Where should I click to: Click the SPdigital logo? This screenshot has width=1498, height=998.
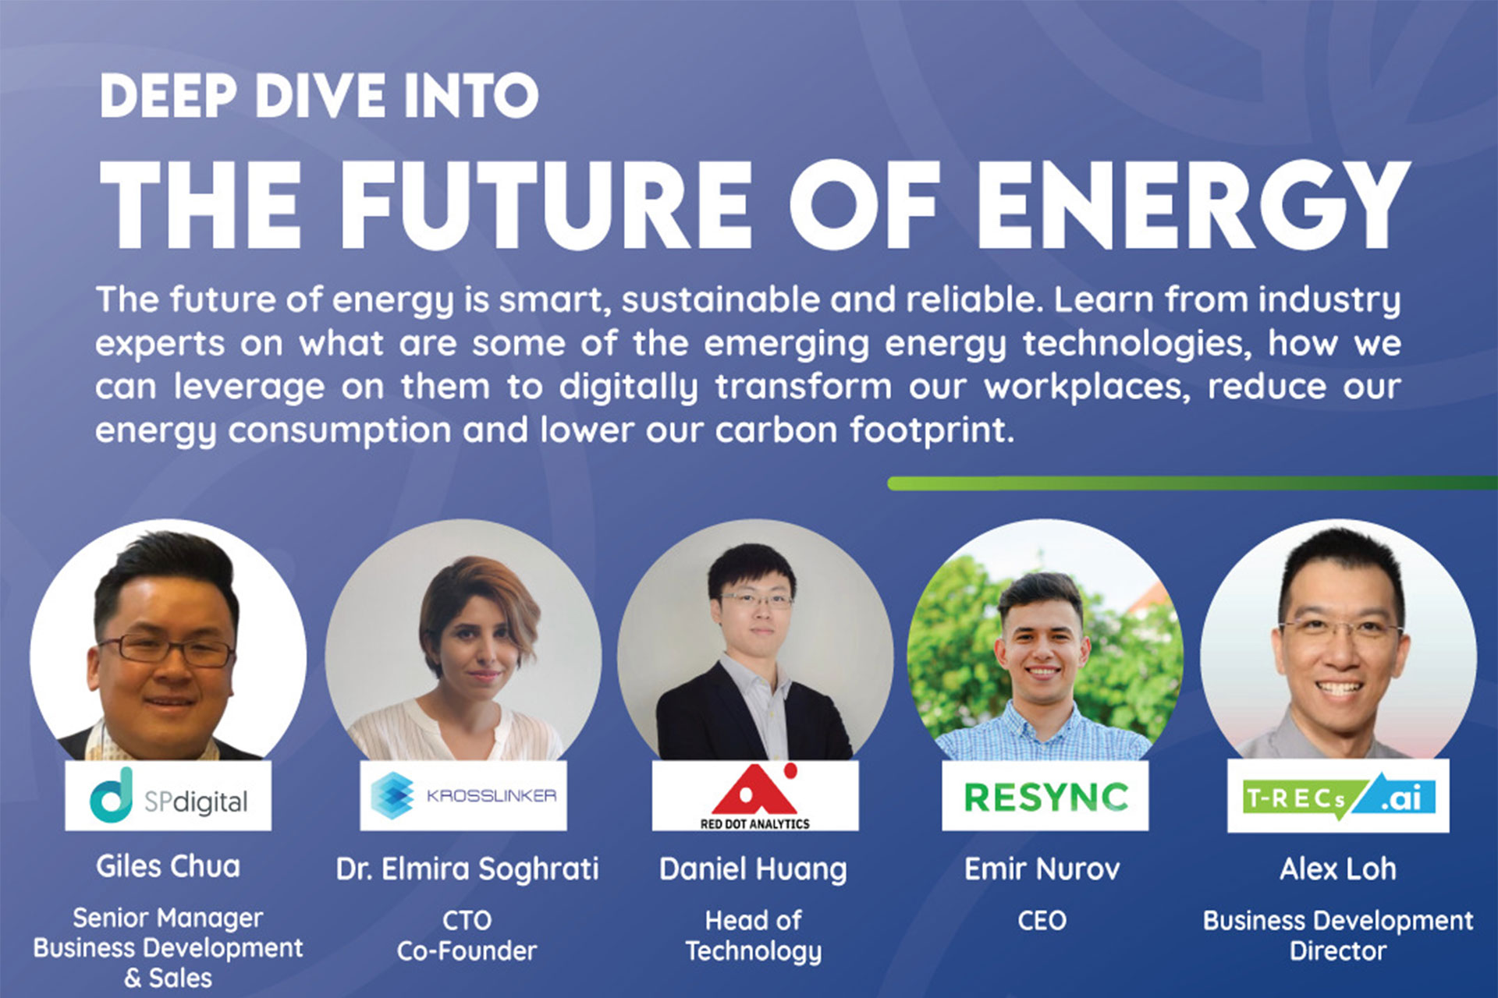pos(169,796)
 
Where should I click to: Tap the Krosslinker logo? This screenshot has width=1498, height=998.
pos(463,796)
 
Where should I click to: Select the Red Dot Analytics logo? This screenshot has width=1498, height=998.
pos(754,796)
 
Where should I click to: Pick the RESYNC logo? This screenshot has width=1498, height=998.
pos(1045,796)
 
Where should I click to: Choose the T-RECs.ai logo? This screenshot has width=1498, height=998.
pos(1338,796)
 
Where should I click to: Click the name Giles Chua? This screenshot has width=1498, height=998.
pos(168,866)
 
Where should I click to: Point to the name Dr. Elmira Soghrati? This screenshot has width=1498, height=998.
pos(467,869)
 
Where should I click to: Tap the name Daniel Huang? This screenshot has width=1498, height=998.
pos(753,869)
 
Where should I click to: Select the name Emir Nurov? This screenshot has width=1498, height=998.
pos(1042,869)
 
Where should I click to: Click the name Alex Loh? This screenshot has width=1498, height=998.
pos(1338,869)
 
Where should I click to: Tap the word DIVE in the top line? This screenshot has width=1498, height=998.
pos(321,96)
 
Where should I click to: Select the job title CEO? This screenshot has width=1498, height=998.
pos(1042,921)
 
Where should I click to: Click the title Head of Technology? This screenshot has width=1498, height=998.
pos(753,936)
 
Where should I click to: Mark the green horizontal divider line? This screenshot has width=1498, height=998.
pos(1192,483)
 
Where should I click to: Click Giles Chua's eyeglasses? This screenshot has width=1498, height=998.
pos(165,649)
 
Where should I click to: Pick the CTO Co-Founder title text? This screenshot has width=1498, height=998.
pos(467,936)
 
